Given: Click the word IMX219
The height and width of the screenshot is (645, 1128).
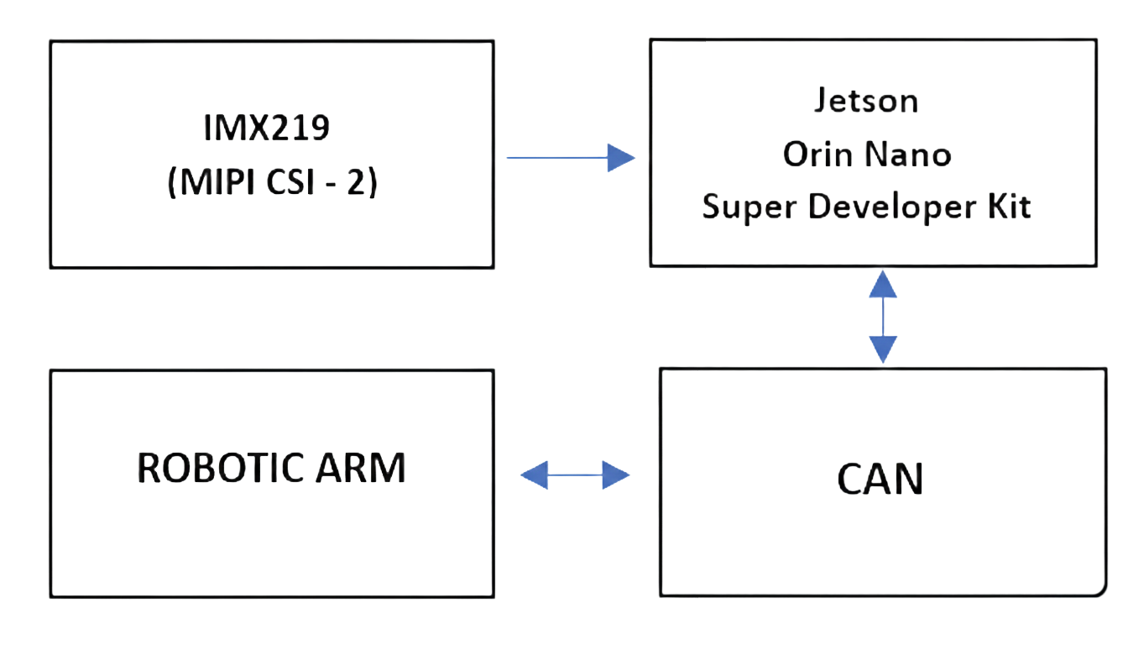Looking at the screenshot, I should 267,129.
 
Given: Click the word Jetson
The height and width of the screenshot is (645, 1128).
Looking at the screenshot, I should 866,101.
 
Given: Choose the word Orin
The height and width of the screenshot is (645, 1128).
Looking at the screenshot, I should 812,154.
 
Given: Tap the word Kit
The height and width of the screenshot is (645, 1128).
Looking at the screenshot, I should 1009,207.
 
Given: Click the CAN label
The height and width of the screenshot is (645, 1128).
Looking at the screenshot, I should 880,479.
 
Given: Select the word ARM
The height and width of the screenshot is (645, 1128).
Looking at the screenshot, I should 366,468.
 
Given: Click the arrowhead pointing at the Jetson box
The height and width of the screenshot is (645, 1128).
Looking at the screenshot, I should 620,158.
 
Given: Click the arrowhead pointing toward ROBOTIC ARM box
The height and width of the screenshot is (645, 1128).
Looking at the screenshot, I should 534,476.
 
